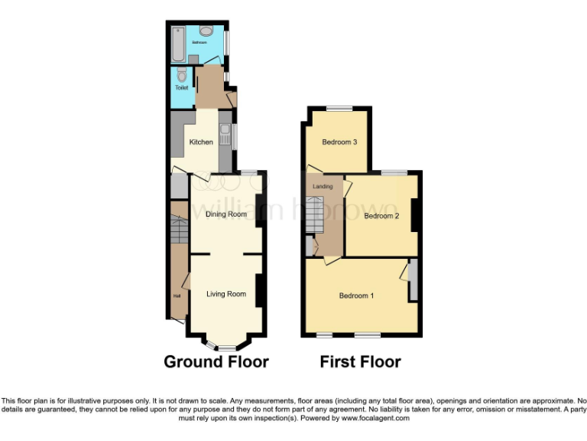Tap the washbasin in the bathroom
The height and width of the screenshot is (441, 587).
[x=207, y=32]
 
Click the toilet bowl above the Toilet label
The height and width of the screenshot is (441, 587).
[x=181, y=75]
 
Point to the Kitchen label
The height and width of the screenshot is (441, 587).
[x=201, y=142]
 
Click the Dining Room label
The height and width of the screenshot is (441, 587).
[x=226, y=214]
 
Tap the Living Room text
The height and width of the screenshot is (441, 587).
[x=226, y=294]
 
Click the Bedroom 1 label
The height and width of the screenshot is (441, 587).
[x=356, y=296]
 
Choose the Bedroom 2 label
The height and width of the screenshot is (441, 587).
[x=381, y=216]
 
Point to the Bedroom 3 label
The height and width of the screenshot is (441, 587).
[x=339, y=142]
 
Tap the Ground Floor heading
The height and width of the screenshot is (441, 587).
[x=216, y=362]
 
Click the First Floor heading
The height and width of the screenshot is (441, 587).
[x=360, y=362]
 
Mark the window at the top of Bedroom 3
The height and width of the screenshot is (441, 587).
[x=339, y=109]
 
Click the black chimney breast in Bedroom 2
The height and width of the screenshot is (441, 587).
[x=415, y=214]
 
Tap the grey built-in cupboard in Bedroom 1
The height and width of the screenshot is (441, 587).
[x=413, y=280]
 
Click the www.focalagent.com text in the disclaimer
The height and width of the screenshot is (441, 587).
[x=375, y=418]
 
